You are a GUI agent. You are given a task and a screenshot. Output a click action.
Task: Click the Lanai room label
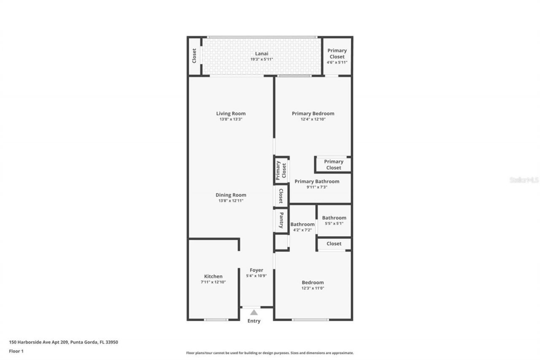(x=261, y=54)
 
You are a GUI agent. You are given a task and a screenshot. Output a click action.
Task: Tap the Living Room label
(x=231, y=114)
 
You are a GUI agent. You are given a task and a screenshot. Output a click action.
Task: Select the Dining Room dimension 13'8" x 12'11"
(x=231, y=201)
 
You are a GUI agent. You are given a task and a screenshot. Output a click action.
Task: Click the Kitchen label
(x=213, y=276)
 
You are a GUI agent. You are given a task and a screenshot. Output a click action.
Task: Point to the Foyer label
(x=256, y=270)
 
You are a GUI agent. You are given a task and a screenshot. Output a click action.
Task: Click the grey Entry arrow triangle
(x=254, y=313)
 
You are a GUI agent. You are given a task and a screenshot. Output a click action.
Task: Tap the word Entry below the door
(x=254, y=321)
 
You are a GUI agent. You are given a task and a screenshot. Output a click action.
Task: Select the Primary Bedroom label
(x=313, y=114)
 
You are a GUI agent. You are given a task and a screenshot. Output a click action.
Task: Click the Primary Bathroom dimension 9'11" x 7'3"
(x=317, y=187)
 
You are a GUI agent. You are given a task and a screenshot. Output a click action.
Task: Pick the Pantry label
(x=281, y=220)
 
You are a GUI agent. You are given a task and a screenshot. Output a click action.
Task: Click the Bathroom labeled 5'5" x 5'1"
(x=334, y=218)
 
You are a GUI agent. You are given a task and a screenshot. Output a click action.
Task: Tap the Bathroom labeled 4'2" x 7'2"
(x=302, y=225)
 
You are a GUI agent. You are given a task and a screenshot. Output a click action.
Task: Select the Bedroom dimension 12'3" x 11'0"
(x=313, y=288)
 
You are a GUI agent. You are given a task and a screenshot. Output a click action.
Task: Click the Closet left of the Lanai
(x=194, y=56)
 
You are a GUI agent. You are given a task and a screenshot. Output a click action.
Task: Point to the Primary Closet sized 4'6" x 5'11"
(x=337, y=54)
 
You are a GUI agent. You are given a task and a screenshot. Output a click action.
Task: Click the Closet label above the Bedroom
(x=334, y=244)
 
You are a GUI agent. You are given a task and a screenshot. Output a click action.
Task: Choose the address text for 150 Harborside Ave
(x=63, y=342)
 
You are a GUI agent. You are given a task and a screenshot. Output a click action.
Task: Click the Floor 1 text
(x=16, y=351)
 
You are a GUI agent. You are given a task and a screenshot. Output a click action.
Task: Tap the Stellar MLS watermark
(x=524, y=180)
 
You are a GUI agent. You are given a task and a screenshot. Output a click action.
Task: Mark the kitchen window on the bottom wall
(x=216, y=319)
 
